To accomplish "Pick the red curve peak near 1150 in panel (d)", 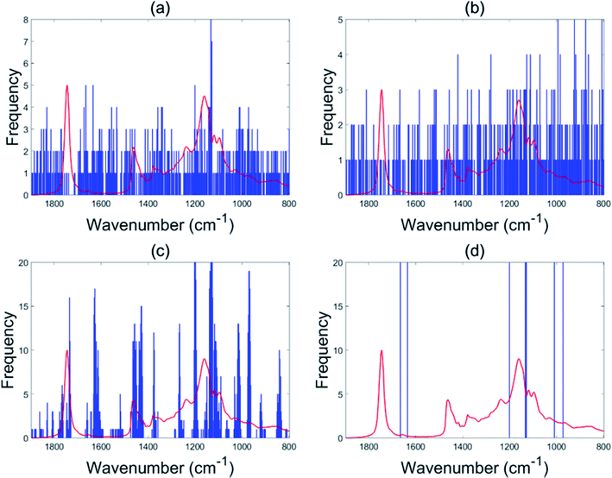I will [x=518, y=359].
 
